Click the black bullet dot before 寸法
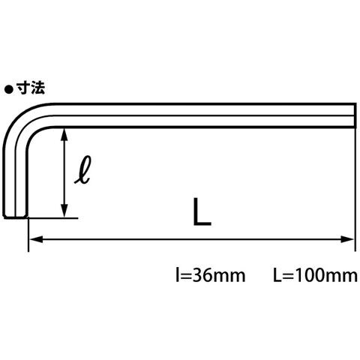point(9,89)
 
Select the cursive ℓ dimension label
point(83,170)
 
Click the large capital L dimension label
point(202,211)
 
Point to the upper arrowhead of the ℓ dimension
point(64,134)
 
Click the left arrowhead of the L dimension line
point(36,239)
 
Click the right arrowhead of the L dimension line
point(347,239)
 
